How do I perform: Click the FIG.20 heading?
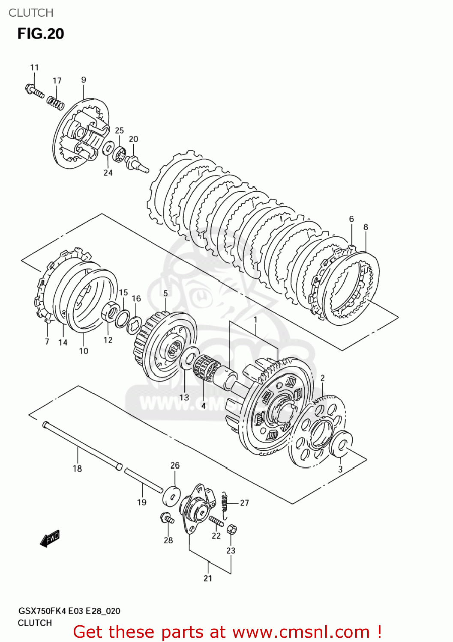pyautogui.click(x=41, y=34)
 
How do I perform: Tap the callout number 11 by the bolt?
pyautogui.click(x=34, y=68)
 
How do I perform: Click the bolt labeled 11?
pyautogui.click(x=34, y=91)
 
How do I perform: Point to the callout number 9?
pyautogui.click(x=84, y=80)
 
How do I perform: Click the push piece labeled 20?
pyautogui.click(x=136, y=163)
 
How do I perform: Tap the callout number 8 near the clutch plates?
pyautogui.click(x=366, y=227)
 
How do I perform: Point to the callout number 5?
pyautogui.click(x=165, y=294)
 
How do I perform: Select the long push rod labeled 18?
pyautogui.click(x=81, y=445)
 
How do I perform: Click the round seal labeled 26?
pyautogui.click(x=172, y=496)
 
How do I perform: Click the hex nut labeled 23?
pyautogui.click(x=231, y=529)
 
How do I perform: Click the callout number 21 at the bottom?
pyautogui.click(x=208, y=579)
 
